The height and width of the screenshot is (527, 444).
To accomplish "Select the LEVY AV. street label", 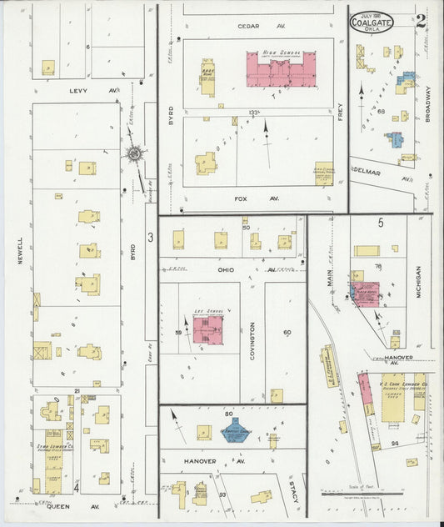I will pos(82,90).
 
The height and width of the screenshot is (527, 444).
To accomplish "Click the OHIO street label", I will pos(226,269).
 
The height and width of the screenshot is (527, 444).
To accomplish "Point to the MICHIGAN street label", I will pos(418,282).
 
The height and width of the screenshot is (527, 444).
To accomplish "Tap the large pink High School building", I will pos(280,69).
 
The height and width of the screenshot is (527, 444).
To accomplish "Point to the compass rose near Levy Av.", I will pos(134,153).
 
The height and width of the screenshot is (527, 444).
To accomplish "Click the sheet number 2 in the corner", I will pos(424,21).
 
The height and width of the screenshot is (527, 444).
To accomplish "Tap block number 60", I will pos(287,332).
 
